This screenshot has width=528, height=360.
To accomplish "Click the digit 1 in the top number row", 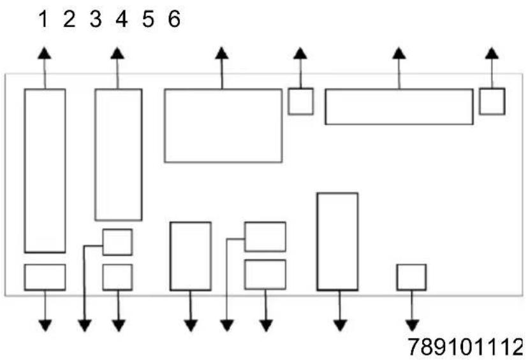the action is [x=43, y=19].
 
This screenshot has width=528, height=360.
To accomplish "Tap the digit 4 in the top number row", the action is [x=122, y=19].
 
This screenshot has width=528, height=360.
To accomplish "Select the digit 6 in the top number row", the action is [x=174, y=19].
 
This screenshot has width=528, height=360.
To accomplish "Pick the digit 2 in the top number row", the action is [x=70, y=19].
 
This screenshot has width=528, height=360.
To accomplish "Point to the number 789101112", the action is [x=466, y=347].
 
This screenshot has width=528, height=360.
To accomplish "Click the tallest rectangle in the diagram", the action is [x=45, y=171].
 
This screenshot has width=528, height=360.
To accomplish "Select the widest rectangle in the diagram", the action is [x=399, y=106].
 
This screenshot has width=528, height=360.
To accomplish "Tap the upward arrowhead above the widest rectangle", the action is [x=399, y=53].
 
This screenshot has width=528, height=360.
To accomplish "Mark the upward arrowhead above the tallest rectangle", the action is [x=45, y=53].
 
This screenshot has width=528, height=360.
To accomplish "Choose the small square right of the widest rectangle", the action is [x=492, y=101].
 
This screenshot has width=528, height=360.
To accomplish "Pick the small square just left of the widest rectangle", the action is [x=301, y=101].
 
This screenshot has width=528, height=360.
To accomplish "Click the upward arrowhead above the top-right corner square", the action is [x=492, y=53].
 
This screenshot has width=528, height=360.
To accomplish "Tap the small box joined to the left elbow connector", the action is [x=117, y=242].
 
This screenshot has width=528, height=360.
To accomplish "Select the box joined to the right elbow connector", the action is [x=265, y=236].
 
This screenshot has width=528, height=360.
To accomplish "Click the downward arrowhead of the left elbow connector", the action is [x=85, y=326].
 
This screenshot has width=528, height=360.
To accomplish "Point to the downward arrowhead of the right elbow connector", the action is [x=227, y=326].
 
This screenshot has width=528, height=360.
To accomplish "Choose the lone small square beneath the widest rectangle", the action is [x=411, y=277].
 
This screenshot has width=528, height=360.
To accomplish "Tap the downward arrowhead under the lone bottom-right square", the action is [x=412, y=326].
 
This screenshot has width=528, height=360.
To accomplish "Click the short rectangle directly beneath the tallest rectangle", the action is [x=45, y=277].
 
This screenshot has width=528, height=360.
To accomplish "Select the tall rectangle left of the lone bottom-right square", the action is [x=337, y=241].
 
